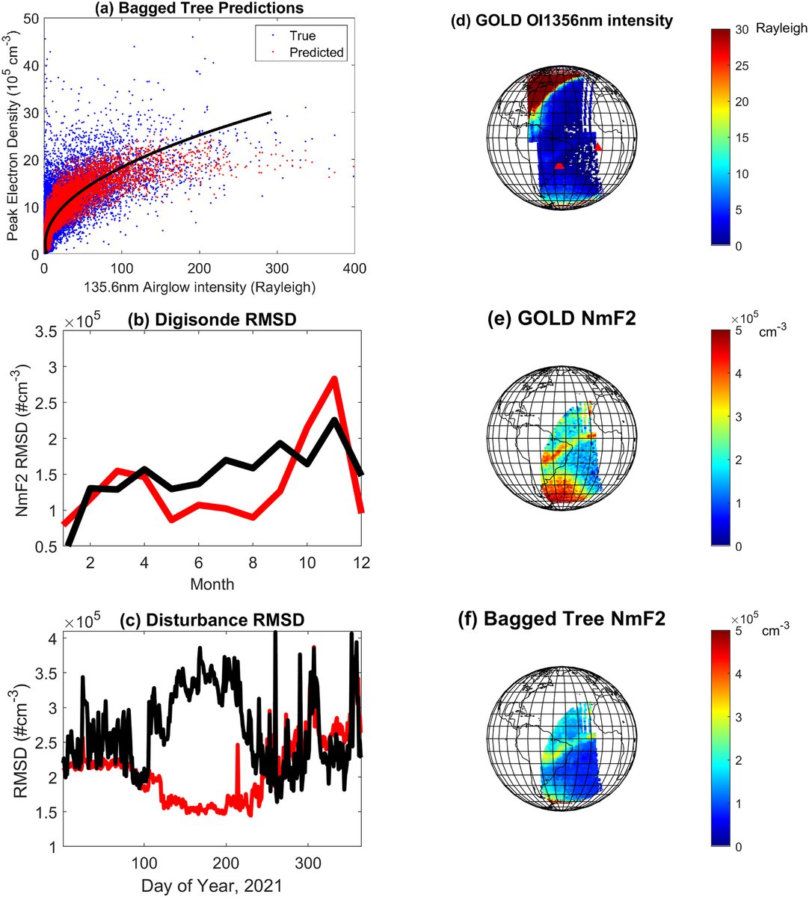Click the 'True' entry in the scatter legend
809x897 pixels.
click(302, 36)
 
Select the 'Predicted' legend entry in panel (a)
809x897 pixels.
click(316, 52)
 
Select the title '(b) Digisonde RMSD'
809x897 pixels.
click(212, 319)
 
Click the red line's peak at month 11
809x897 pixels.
click(334, 378)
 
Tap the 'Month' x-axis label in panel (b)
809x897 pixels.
click(212, 584)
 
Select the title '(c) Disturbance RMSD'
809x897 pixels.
click(212, 620)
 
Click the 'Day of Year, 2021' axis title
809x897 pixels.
click(212, 886)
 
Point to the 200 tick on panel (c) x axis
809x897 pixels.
click(226, 863)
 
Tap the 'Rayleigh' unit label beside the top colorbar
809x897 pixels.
click(781, 28)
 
